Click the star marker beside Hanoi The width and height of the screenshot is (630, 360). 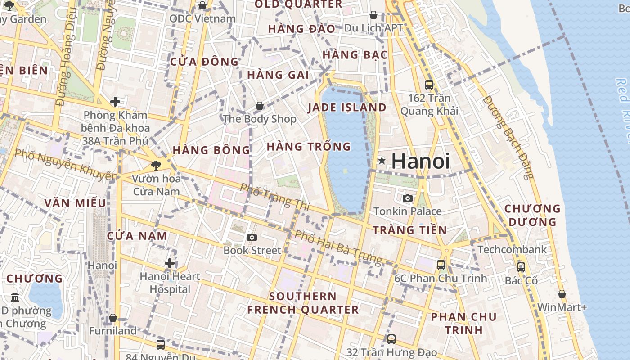click(x=382, y=161)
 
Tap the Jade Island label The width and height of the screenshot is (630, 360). click(x=347, y=108)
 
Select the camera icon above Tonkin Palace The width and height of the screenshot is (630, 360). click(x=408, y=198)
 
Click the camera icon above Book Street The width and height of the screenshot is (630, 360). click(x=252, y=237)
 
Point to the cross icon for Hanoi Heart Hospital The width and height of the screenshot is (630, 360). click(x=170, y=263)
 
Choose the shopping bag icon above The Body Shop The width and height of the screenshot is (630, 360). click(x=260, y=106)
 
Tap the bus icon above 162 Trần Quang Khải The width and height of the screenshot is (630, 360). click(x=429, y=85)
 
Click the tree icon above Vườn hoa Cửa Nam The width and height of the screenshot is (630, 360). click(x=156, y=166)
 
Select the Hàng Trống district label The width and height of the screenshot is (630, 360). click(x=309, y=147)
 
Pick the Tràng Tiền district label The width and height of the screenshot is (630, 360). click(x=410, y=230)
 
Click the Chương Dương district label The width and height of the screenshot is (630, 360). click(x=532, y=215)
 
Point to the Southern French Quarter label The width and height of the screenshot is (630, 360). click(x=303, y=303)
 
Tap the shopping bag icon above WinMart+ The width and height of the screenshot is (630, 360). click(x=562, y=294)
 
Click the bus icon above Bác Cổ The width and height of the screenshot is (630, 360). click(x=521, y=267)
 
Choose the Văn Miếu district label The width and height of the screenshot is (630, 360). click(x=75, y=203)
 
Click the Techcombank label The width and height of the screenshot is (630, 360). click(x=513, y=250)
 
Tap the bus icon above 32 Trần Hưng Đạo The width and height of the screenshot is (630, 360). click(x=391, y=339)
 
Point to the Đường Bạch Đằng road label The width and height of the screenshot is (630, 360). click(x=509, y=137)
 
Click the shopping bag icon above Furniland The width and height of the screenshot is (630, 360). click(x=113, y=318)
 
